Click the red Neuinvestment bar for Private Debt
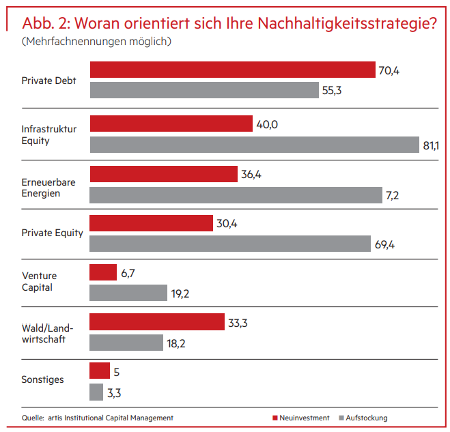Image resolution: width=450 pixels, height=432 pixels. pos(232,70)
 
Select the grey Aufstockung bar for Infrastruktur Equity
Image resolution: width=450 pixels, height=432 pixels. pos(254,145)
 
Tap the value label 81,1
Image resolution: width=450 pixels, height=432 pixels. pos(432,145)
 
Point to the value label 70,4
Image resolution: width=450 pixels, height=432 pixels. pos(389,70)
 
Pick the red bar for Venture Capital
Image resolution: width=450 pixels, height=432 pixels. pos(103,272)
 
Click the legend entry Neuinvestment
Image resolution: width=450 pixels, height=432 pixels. pos(300,418)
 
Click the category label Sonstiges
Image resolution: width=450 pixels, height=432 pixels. pos(42,379)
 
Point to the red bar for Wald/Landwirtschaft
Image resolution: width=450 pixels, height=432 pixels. pos(157,322)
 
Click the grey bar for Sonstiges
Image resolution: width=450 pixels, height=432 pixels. pos(96,392)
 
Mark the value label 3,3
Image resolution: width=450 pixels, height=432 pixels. pos(115,392)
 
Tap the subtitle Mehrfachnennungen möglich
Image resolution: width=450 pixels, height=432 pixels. pos(96,42)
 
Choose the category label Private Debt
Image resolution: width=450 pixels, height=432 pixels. pos(48,81)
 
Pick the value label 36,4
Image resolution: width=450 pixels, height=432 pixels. pos(251,174)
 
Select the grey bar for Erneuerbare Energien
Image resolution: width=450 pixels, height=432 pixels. pos(236,195)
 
